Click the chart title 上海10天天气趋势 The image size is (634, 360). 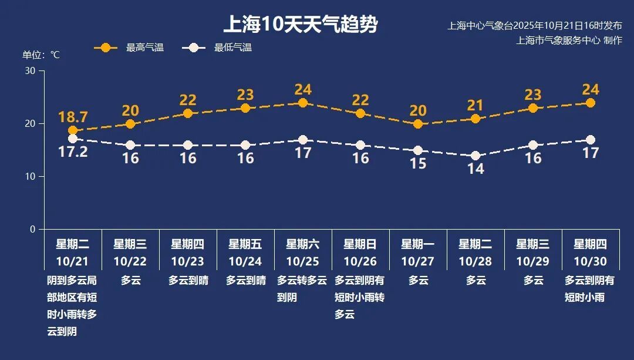click(x=300, y=25)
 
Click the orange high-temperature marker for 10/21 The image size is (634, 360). click(x=73, y=130)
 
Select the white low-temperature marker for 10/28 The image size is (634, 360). click(x=475, y=156)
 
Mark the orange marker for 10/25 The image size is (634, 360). click(x=303, y=103)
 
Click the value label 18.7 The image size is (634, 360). click(x=73, y=116)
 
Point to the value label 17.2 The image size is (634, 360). click(x=73, y=153)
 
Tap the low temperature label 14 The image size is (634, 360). click(x=475, y=169)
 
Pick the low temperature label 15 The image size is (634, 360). click(x=418, y=164)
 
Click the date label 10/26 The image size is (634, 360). click(x=360, y=261)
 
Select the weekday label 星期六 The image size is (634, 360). click(x=303, y=244)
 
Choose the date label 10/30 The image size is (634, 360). click(x=590, y=261)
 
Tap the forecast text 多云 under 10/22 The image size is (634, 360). click(x=130, y=281)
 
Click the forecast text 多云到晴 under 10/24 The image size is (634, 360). click(x=245, y=281)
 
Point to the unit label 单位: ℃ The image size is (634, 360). click(x=41, y=55)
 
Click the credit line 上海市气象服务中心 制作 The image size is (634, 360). click(x=569, y=41)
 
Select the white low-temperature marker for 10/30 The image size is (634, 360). click(x=591, y=140)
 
